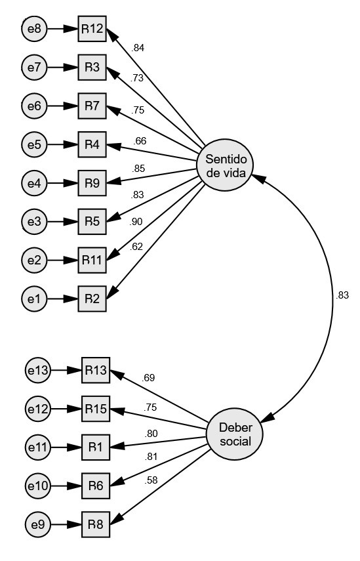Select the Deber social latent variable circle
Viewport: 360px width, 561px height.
pos(235,434)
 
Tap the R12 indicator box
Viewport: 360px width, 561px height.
pos(91,29)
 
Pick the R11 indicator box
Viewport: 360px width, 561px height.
pos(91,259)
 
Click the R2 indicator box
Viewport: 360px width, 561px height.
pos(91,299)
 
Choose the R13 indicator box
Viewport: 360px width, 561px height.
pos(96,371)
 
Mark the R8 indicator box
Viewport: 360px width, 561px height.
pos(96,525)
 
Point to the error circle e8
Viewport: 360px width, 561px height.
pos(33,29)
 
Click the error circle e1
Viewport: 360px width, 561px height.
pos(33,299)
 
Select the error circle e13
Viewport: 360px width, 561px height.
pos(37,371)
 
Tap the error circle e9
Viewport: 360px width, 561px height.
pos(37,525)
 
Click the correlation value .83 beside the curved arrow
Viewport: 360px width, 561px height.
pos(342,296)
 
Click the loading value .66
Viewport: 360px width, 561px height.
pos(140,140)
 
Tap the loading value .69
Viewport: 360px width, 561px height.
pos(148,378)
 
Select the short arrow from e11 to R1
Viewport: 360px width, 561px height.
pos(66,448)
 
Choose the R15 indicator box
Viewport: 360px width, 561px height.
pos(96,409)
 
